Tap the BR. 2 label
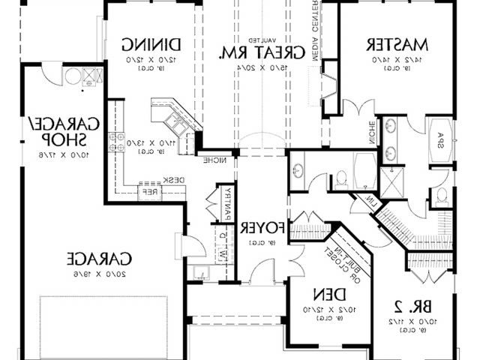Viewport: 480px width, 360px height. point(409,306)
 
